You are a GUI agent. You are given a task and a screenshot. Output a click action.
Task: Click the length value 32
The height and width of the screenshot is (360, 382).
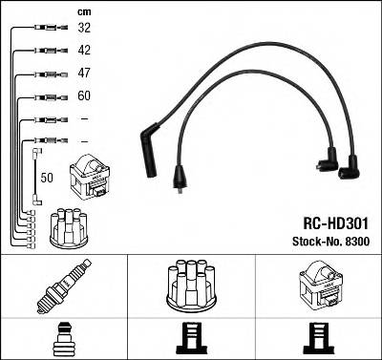83,30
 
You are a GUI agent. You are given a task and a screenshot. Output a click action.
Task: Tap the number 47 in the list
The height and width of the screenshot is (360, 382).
83,74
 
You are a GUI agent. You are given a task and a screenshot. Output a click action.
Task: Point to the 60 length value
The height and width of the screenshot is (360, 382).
83,96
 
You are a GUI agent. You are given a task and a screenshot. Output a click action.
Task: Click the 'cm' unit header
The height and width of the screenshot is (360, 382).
82,11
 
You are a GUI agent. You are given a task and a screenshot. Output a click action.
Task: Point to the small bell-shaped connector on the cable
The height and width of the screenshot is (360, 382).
179,177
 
